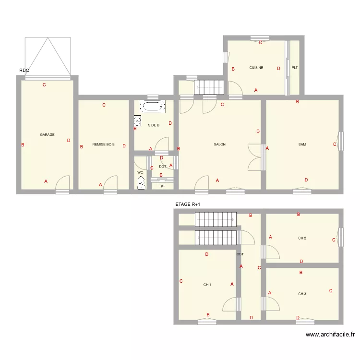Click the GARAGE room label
coord(47,135)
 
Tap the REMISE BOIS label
coord(104,144)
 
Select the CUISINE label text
coord(256,68)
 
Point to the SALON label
coord(220,144)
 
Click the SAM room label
coord(302,144)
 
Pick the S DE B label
coord(154,125)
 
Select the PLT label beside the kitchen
coord(295,68)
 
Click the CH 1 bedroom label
coord(207,285)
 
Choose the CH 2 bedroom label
coord(302,238)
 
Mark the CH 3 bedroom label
coord(302,294)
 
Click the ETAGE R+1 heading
coord(188,204)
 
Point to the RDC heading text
coord(24,71)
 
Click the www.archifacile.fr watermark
coord(330,335)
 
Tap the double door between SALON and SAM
coord(254,157)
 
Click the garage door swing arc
coord(63,182)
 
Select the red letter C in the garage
coord(44,85)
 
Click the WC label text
coord(140,172)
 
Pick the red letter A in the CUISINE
coord(256,90)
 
